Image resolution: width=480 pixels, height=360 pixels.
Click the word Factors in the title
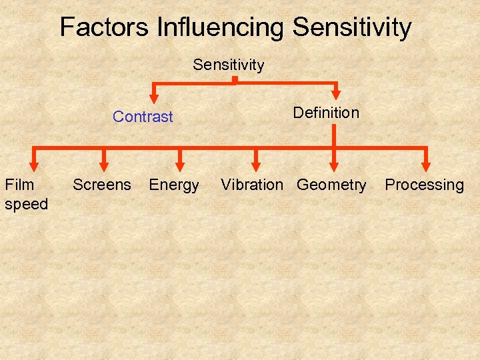tap(105, 27)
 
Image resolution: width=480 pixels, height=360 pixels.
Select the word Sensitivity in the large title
tap(352, 27)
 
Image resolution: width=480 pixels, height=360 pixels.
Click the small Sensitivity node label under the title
tap(229, 65)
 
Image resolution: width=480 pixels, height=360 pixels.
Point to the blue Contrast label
tap(143, 117)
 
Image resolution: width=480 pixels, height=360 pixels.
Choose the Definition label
tap(326, 113)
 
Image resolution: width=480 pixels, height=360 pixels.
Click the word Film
tap(19, 185)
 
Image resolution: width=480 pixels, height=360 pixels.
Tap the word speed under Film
tap(26, 203)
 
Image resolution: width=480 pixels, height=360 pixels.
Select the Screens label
tap(102, 185)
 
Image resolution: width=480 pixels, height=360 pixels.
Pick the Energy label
tap(174, 185)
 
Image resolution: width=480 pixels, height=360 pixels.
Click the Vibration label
tap(252, 185)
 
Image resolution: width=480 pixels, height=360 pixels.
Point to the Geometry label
tap(331, 185)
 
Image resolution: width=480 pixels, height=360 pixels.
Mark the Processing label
tap(425, 185)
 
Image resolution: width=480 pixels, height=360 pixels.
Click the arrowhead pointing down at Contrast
tap(154, 98)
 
